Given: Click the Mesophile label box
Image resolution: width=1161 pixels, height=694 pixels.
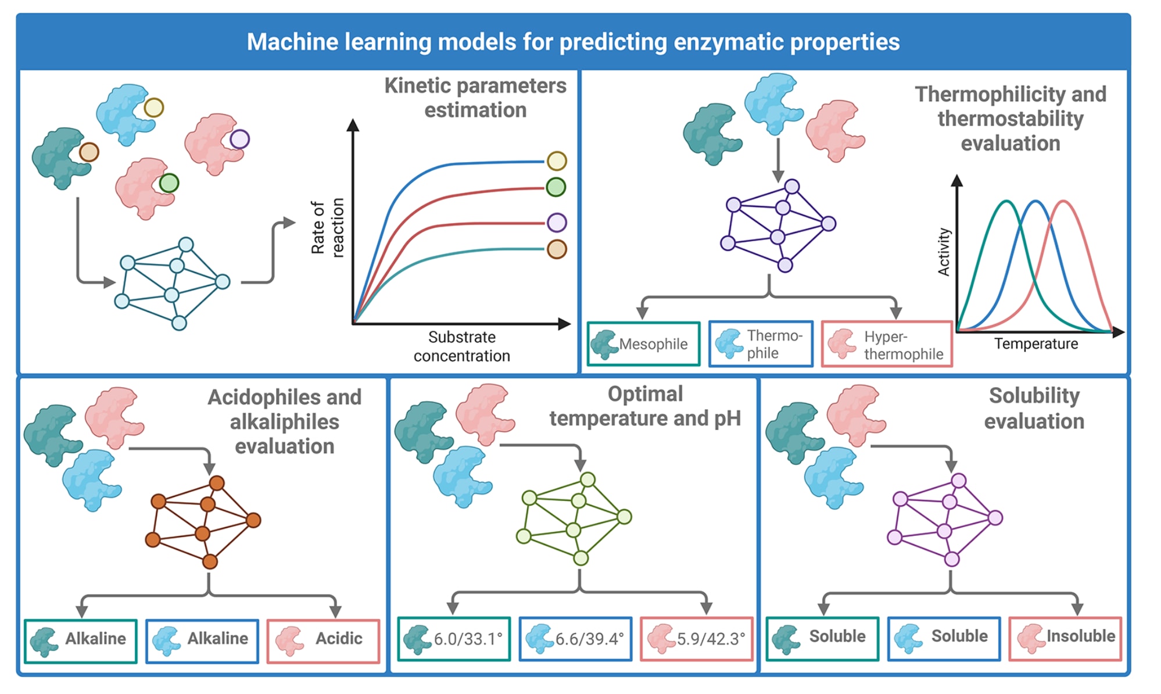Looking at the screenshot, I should [x=643, y=344].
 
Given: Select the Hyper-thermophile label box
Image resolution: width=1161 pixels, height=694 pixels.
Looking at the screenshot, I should [x=887, y=344].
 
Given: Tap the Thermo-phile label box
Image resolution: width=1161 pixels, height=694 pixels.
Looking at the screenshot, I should [x=761, y=344].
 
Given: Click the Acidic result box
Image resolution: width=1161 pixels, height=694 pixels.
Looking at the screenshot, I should [x=323, y=641].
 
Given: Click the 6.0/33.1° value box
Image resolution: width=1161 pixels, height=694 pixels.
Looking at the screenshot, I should [x=454, y=639].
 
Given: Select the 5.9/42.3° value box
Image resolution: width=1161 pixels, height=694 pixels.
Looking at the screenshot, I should [x=696, y=639].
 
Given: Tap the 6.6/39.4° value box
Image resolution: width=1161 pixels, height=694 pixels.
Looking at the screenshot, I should [x=575, y=639].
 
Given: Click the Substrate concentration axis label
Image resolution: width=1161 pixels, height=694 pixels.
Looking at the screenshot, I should [x=462, y=346].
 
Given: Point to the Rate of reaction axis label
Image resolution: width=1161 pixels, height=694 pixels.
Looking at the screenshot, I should [x=328, y=227].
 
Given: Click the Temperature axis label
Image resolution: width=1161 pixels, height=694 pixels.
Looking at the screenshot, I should [x=1035, y=344].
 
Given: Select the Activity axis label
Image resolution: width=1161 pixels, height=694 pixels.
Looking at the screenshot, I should [x=944, y=252].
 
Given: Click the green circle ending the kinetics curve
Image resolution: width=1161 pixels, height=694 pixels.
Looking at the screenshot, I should [x=556, y=187].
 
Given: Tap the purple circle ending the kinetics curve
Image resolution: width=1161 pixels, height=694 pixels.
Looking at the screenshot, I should [x=557, y=222].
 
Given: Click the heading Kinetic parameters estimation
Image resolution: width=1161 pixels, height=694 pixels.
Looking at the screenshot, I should [x=475, y=98].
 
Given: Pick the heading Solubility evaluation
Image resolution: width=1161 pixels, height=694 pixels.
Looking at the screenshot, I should [x=1034, y=408].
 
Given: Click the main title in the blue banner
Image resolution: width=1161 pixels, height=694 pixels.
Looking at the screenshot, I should [x=573, y=42].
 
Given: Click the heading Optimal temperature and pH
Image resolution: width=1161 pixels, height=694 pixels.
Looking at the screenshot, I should [x=645, y=406].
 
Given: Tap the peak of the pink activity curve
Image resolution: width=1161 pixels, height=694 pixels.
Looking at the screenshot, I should [x=1063, y=202].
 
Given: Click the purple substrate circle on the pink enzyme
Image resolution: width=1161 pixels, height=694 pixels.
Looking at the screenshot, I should [x=239, y=139].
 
